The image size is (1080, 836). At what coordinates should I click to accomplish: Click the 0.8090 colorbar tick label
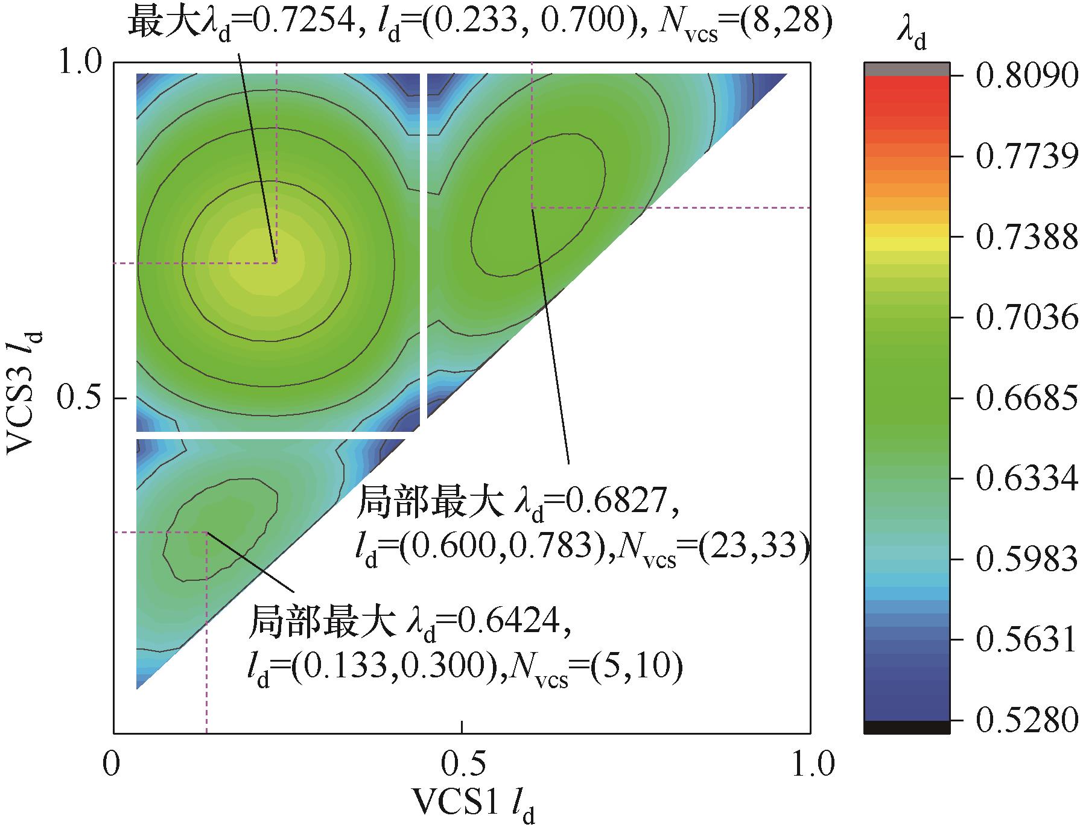click(1026, 77)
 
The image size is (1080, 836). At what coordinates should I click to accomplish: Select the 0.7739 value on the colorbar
click(1026, 157)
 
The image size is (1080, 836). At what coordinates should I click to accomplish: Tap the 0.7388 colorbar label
click(1026, 238)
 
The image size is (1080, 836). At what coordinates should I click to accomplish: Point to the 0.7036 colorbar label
click(1026, 318)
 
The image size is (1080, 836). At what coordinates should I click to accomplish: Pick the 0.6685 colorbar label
click(1026, 399)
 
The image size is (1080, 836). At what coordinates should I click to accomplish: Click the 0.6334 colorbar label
click(1026, 479)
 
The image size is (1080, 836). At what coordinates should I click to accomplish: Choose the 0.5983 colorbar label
click(1026, 560)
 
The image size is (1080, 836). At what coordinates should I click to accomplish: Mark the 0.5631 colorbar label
click(1026, 640)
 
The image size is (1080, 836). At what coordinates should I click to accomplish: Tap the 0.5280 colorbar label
click(1026, 720)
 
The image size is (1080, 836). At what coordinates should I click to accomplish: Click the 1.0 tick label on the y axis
click(81, 63)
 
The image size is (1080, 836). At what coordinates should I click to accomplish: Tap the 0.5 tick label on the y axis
click(81, 399)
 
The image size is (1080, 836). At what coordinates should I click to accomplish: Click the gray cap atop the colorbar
click(907, 69)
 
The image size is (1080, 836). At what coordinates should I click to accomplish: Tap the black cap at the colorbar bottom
click(907, 727)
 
